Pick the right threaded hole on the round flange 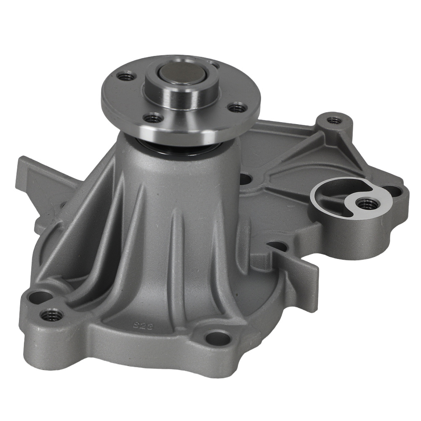238,108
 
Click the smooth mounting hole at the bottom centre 219,338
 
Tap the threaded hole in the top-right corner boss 335,120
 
